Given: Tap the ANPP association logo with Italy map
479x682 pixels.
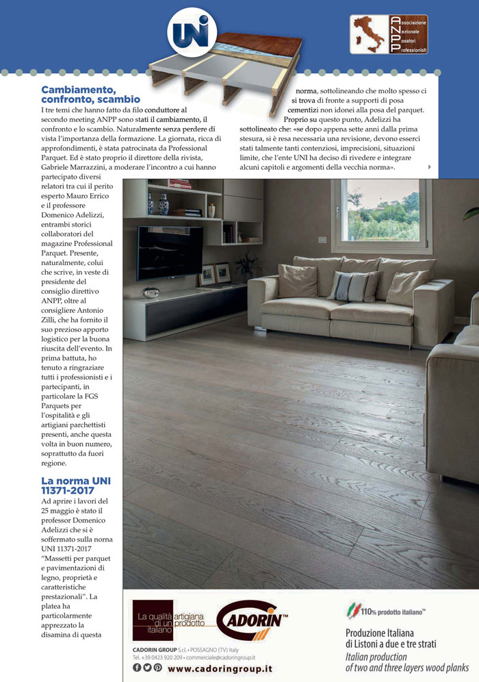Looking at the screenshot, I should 389,34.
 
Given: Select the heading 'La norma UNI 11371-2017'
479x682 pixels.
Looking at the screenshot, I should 75,485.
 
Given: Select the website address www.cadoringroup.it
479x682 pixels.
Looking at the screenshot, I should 220,668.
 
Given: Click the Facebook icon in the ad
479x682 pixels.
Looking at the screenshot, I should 137,668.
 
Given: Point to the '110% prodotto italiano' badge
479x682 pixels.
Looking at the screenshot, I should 387,608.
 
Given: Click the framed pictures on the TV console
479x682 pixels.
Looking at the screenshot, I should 214,274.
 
